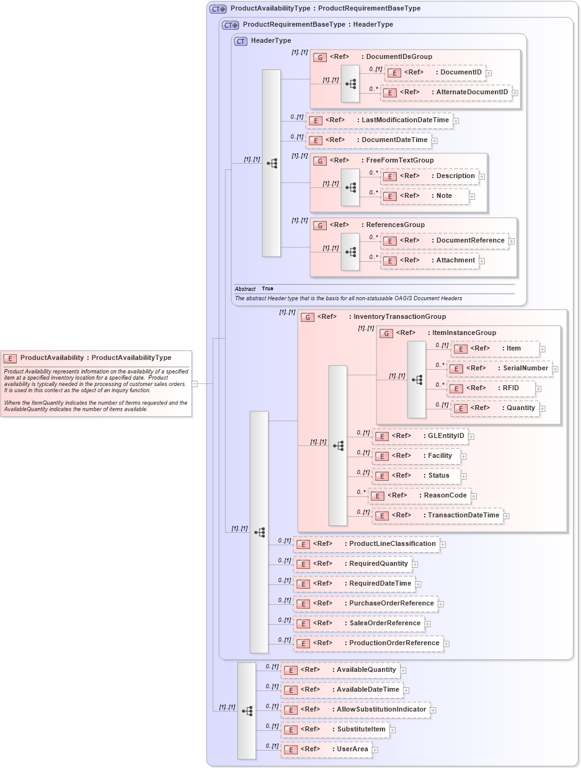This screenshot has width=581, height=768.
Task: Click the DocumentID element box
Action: coord(435,73)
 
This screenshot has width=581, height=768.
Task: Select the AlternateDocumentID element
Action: coord(446,92)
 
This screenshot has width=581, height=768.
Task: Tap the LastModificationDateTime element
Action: coord(379,120)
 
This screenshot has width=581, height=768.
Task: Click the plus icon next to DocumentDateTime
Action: coord(435,140)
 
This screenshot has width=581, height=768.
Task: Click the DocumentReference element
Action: coord(444,241)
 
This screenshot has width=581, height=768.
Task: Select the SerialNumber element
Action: coord(499,368)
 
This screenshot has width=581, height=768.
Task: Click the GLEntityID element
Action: coord(420,436)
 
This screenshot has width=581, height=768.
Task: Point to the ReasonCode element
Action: coord(420,496)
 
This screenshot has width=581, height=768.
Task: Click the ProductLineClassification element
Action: coord(366,544)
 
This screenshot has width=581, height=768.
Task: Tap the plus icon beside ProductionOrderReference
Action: coord(446,644)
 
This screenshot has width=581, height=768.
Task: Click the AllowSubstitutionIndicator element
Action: coord(355,710)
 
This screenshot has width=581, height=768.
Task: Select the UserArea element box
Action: coord(326,749)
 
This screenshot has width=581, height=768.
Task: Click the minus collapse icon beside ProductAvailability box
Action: coord(195,383)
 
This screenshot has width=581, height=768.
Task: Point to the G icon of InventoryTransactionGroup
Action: coord(308,317)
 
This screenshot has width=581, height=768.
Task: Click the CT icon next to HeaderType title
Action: coord(241,41)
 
